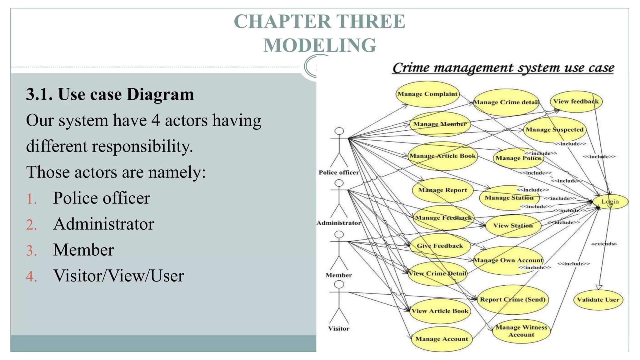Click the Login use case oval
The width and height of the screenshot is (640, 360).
pyautogui.click(x=610, y=202)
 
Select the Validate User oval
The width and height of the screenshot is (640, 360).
pyautogui.click(x=598, y=299)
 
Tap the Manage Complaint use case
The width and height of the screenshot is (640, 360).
pyautogui.click(x=427, y=94)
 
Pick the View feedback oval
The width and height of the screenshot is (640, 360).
pyautogui.click(x=576, y=102)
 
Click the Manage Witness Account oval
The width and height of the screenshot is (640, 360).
pyautogui.click(x=521, y=331)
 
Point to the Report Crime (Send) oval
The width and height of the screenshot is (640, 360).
pyautogui.click(x=512, y=299)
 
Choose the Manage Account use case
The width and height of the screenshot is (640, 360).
pyautogui.click(x=442, y=339)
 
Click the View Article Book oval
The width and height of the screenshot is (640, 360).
pyautogui.click(x=440, y=311)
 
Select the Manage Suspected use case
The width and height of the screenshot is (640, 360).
pyautogui.click(x=554, y=130)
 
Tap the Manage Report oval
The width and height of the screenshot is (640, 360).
pyautogui.click(x=442, y=190)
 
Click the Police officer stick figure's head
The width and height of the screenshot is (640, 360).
pyautogui.click(x=339, y=131)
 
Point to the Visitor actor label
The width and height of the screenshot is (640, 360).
pyautogui.click(x=339, y=328)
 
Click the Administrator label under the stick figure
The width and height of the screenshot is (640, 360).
pyautogui.click(x=339, y=223)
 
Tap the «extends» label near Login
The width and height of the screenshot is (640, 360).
pyautogui.click(x=604, y=244)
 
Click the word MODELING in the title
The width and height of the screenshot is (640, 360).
pyautogui.click(x=320, y=45)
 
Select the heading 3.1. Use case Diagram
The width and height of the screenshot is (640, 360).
pyautogui.click(x=110, y=94)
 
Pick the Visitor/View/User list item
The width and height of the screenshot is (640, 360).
pyautogui.click(x=118, y=276)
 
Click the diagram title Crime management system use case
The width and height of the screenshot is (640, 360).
pyautogui.click(x=503, y=68)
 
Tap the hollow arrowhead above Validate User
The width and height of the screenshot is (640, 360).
pyautogui.click(x=599, y=287)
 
